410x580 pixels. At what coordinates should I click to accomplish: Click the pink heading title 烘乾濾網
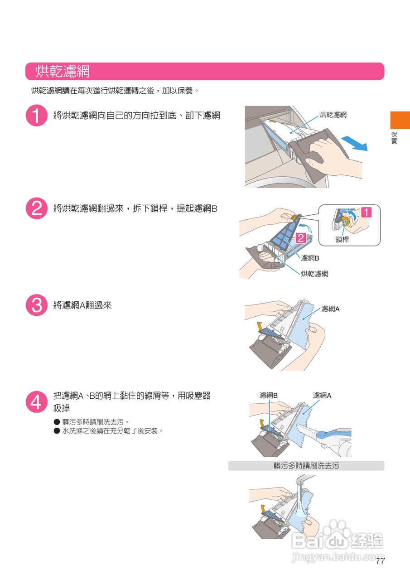coord(63,71)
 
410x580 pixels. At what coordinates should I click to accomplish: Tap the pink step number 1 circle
coord(37,116)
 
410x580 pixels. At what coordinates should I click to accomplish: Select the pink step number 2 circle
coord(37,208)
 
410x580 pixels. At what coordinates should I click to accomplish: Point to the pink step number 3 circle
coord(37,305)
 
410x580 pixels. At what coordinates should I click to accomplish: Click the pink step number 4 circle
coord(37,402)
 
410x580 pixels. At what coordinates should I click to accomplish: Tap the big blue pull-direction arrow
coord(355,144)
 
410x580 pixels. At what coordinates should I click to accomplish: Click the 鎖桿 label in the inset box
coord(342,239)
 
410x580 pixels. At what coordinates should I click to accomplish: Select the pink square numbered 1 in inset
coord(366,213)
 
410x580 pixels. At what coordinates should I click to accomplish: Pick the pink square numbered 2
coord(301,238)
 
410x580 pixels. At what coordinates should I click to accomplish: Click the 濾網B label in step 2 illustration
coord(310,258)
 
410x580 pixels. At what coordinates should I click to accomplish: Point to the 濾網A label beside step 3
coord(330,309)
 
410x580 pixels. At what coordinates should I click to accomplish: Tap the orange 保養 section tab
coord(400,120)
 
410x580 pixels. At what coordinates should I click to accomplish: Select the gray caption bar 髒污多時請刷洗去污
coord(306,466)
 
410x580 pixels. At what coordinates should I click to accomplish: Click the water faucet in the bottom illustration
coord(304,479)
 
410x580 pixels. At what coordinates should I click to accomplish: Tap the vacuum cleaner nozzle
coord(307,430)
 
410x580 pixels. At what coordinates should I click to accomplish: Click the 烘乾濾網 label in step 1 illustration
coord(333,115)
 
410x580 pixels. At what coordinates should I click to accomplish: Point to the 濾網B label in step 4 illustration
coord(268,396)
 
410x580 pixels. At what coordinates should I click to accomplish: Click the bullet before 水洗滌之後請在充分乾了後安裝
coord(57,430)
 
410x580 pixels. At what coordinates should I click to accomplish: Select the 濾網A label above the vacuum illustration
coord(322,396)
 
